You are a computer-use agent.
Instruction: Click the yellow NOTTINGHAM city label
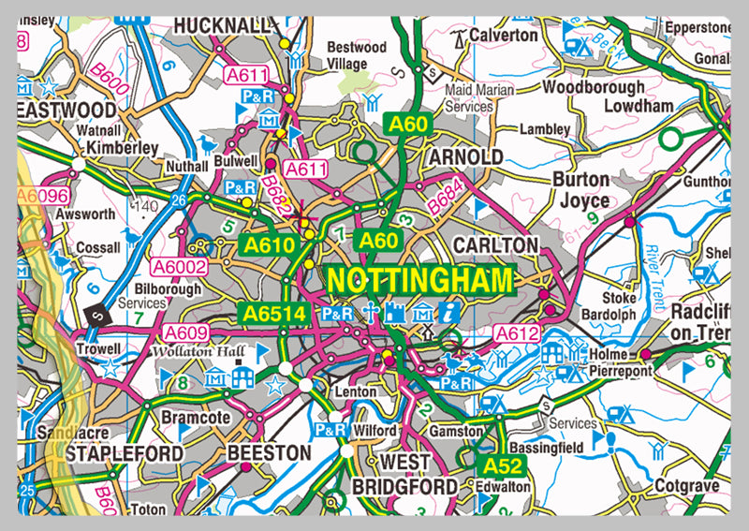click(420, 280)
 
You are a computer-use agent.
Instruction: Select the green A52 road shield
click(503, 465)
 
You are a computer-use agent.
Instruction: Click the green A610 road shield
click(272, 243)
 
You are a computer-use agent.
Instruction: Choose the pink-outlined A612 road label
click(514, 333)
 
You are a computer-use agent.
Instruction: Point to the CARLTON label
click(495, 244)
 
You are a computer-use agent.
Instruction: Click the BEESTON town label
click(269, 452)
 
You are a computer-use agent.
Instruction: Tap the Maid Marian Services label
click(468, 98)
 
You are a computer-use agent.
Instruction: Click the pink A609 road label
click(185, 332)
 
